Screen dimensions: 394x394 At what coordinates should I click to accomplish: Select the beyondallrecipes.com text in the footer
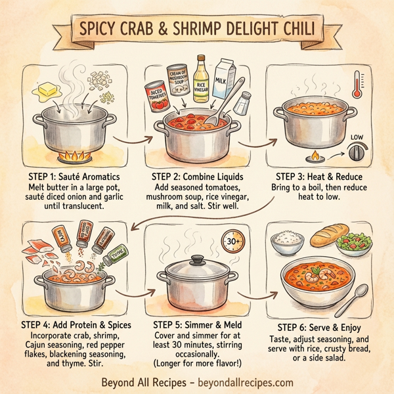(249, 382)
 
